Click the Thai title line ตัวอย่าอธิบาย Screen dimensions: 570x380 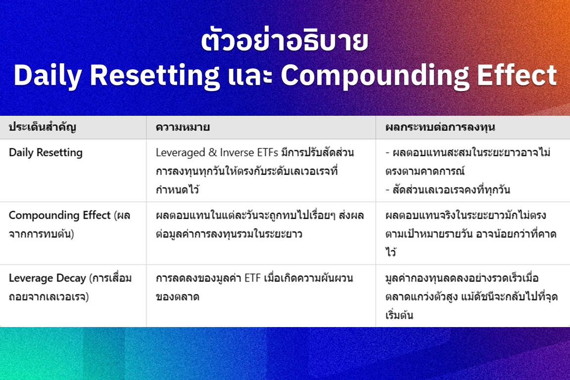click(x=285, y=41)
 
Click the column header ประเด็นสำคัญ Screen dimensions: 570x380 click(x=43, y=127)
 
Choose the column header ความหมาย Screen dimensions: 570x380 click(x=183, y=127)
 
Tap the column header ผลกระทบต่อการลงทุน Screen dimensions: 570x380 click(x=440, y=127)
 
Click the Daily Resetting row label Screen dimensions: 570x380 click(x=46, y=153)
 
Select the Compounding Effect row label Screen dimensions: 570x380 click(x=69, y=224)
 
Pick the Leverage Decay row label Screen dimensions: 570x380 click(x=70, y=287)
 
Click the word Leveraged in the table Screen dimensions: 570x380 click(x=180, y=153)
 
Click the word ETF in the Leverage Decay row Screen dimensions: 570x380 click(x=253, y=278)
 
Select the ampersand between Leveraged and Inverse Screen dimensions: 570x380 click(x=212, y=152)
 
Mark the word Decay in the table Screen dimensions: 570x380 click(x=71, y=279)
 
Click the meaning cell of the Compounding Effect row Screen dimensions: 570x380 click(x=260, y=224)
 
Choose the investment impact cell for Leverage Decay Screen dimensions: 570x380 click(x=472, y=296)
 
